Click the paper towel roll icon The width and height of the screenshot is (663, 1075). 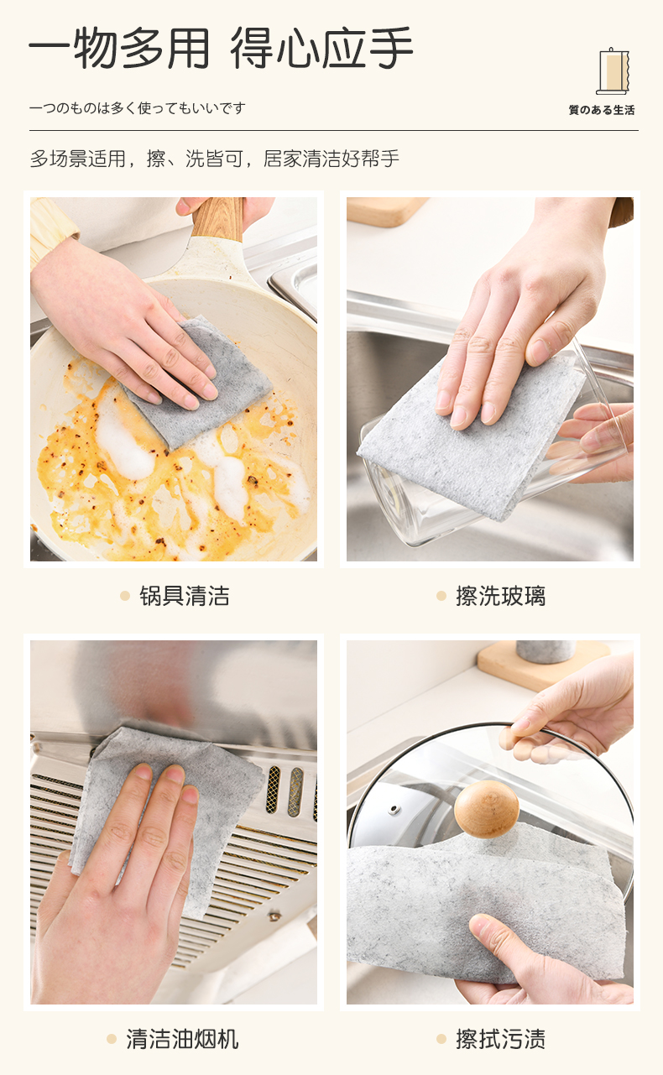point(612,71)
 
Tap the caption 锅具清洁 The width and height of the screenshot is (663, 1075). point(185,596)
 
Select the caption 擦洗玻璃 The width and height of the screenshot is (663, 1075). point(501,596)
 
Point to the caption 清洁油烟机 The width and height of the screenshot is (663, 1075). point(182,1039)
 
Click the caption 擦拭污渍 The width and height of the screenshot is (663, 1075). point(501,1039)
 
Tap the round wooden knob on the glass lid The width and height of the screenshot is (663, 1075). point(486,809)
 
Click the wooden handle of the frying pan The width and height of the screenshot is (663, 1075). point(217,218)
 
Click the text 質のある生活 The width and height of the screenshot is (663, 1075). point(602,110)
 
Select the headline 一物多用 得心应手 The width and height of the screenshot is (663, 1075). point(222,48)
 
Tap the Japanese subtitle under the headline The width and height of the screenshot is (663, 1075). point(138,108)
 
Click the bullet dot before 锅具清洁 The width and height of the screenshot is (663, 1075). point(125,596)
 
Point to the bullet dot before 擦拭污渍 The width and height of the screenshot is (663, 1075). point(441,1039)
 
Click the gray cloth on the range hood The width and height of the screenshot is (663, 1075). point(163,816)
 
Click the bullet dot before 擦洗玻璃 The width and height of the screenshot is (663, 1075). point(441,596)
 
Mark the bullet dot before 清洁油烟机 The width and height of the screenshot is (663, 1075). point(112,1039)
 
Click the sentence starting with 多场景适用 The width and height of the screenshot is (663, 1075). point(214,159)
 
